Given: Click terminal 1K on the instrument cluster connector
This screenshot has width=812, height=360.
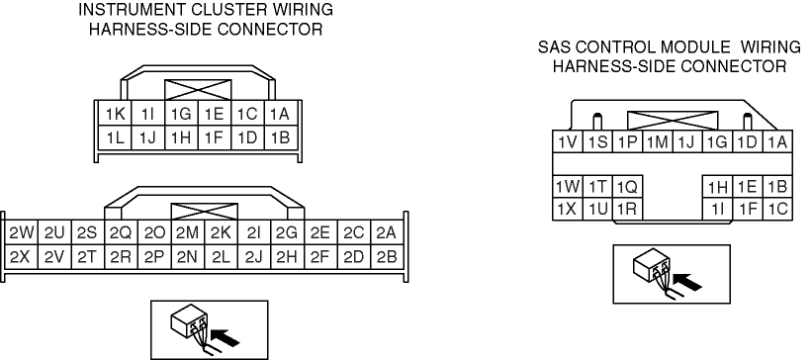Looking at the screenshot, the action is tap(115, 114).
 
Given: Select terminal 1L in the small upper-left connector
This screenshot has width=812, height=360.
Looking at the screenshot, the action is tap(115, 137).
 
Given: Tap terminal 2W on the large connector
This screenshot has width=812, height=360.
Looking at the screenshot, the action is tap(21, 233).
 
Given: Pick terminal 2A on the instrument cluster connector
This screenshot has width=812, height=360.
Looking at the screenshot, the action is tap(386, 233).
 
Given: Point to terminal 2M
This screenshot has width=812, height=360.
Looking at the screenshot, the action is tap(188, 233).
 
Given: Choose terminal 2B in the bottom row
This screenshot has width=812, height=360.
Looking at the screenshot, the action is tap(386, 257).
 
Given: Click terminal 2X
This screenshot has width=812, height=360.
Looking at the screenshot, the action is tap(21, 257).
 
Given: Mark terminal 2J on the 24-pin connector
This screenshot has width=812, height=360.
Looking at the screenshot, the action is tap(254, 257).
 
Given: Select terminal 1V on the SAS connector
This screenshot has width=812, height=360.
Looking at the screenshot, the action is tap(568, 142).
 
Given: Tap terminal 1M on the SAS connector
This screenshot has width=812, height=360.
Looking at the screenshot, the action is tap(658, 142).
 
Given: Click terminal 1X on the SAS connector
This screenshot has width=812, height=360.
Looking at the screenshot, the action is tap(568, 209).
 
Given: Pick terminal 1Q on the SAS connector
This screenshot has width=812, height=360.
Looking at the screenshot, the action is tap(628, 187).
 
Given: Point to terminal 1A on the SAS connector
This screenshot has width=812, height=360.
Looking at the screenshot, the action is tap(776, 142).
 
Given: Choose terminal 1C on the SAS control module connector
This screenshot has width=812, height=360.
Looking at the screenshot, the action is tap(776, 209).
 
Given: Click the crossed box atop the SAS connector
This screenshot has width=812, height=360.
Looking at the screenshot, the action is tap(673, 121).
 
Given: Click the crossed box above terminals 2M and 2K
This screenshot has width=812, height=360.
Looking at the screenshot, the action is tap(205, 213).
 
